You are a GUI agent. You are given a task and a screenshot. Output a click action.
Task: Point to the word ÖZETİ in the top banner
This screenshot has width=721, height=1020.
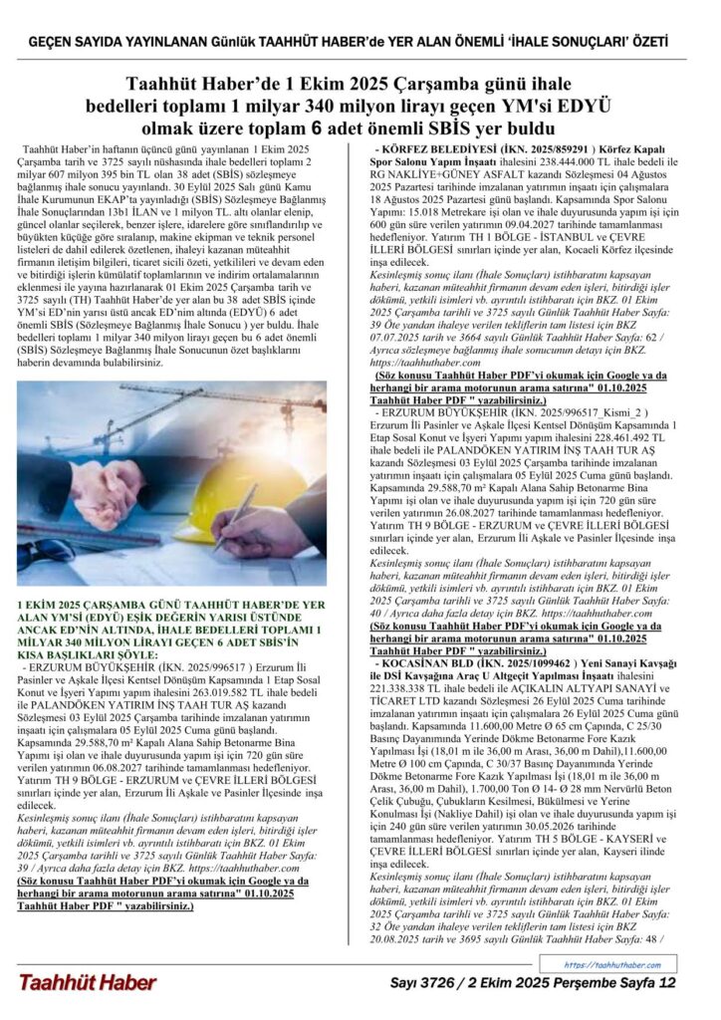tap(646, 43)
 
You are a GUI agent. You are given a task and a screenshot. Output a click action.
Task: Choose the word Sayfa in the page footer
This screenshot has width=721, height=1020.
tap(632, 983)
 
